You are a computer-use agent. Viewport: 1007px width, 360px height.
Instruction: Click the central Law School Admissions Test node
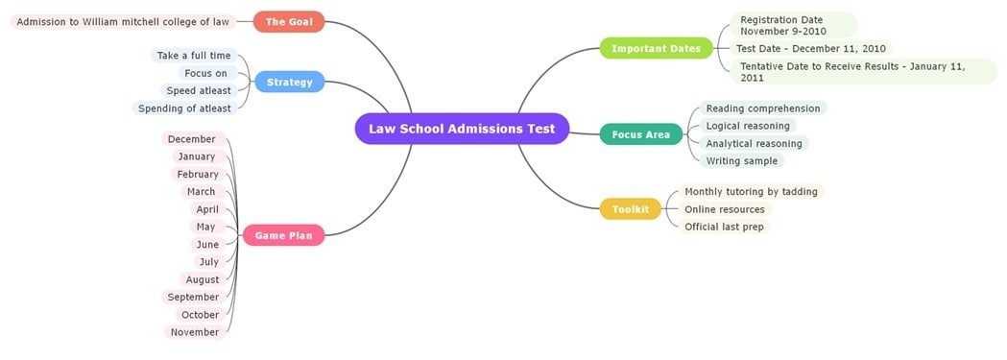click(x=462, y=129)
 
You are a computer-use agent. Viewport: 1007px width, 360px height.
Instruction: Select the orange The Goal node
click(x=289, y=21)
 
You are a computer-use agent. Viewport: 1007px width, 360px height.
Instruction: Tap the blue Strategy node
click(x=289, y=83)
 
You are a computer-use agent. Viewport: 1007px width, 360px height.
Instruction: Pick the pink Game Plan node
click(x=283, y=235)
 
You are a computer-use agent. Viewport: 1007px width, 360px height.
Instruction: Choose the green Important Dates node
click(x=656, y=48)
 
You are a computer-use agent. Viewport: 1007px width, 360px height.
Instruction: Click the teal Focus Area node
click(x=640, y=134)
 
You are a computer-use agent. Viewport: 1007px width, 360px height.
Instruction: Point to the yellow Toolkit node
click(x=631, y=209)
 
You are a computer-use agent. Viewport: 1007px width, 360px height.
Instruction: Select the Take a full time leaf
click(x=194, y=56)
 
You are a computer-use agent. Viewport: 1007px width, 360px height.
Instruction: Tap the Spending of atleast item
click(x=184, y=108)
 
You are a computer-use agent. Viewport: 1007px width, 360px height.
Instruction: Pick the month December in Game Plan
click(x=192, y=139)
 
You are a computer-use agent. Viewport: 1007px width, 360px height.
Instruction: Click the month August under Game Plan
click(x=203, y=279)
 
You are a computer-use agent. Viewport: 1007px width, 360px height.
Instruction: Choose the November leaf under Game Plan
click(x=195, y=332)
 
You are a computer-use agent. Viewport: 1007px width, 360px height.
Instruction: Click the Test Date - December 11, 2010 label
click(x=810, y=48)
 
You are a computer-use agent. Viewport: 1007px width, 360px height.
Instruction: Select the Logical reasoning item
click(x=748, y=126)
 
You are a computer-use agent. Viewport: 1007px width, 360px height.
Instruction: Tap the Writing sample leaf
click(x=741, y=161)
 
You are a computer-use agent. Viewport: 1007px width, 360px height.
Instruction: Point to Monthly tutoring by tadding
click(x=751, y=192)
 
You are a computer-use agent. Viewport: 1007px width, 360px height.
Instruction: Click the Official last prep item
click(x=724, y=227)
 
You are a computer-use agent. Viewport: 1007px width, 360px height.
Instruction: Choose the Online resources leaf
click(x=724, y=209)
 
